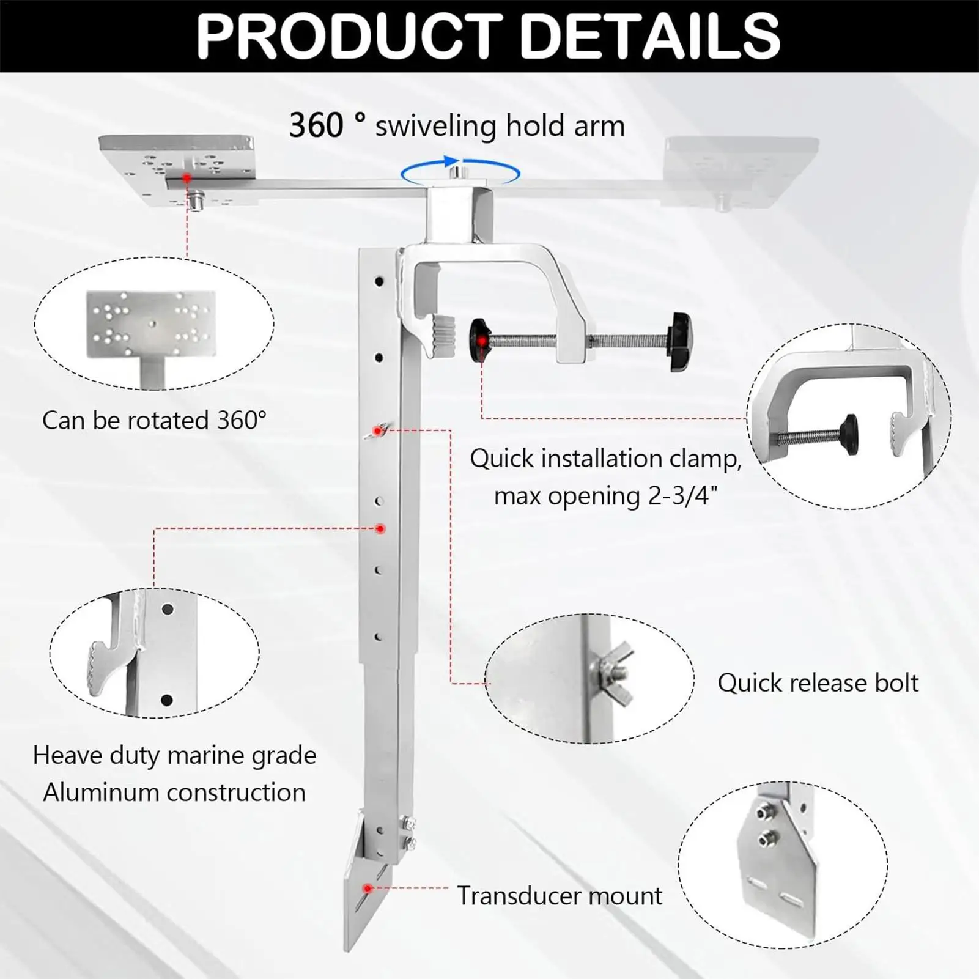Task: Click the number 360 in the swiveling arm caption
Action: tap(316, 126)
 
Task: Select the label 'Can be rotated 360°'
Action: tap(154, 421)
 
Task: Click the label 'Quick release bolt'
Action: tap(818, 683)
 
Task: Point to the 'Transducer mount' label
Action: tap(560, 896)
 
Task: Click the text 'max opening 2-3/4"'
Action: tap(605, 496)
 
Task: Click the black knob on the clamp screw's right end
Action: tap(681, 342)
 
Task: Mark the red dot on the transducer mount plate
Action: tap(368, 888)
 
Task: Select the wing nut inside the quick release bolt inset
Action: tap(614, 668)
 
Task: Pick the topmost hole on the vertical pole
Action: tap(379, 282)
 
